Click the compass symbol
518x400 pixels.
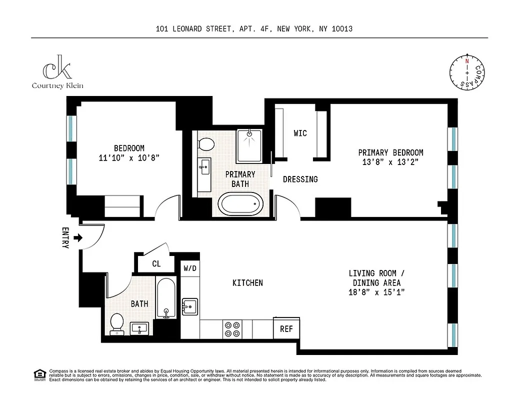(x=467, y=73)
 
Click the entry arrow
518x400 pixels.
(x=77, y=238)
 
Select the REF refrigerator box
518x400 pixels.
(x=286, y=329)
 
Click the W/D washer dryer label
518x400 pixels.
(x=190, y=268)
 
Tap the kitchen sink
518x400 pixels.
(x=189, y=306)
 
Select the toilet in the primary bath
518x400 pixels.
(x=205, y=144)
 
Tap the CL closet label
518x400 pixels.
(x=156, y=263)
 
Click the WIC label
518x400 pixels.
(x=300, y=133)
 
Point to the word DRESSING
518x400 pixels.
(x=300, y=179)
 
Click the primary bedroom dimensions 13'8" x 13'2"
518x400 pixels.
(x=390, y=162)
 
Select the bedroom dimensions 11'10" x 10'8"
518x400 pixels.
(x=129, y=157)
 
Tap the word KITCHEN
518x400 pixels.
(x=247, y=283)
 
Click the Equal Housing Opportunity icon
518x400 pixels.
(x=38, y=374)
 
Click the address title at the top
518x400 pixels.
(x=254, y=29)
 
